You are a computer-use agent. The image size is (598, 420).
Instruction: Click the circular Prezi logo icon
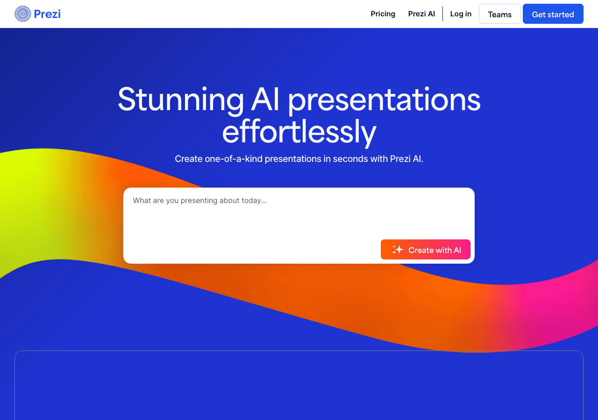[22, 14]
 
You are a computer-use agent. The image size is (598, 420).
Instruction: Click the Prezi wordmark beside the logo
[47, 14]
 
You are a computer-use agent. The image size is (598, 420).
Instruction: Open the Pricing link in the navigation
[383, 14]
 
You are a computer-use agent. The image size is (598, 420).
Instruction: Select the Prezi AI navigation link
[421, 14]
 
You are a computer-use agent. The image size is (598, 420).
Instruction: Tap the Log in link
[461, 14]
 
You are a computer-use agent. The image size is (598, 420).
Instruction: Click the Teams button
[499, 14]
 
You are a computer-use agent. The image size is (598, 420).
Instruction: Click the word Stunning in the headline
[181, 99]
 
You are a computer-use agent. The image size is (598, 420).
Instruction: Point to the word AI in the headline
[266, 99]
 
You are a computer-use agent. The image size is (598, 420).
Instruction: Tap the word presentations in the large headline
[384, 99]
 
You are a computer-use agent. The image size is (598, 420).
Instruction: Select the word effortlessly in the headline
[299, 132]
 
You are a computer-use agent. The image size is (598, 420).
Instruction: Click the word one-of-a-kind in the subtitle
[234, 159]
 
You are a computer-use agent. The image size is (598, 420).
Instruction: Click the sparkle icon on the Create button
[398, 250]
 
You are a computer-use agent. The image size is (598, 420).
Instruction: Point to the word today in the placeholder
[252, 201]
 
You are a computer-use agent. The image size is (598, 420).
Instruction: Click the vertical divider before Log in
[442, 14]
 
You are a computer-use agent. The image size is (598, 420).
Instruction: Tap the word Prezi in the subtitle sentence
[400, 159]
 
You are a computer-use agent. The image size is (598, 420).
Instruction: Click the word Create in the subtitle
[188, 159]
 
